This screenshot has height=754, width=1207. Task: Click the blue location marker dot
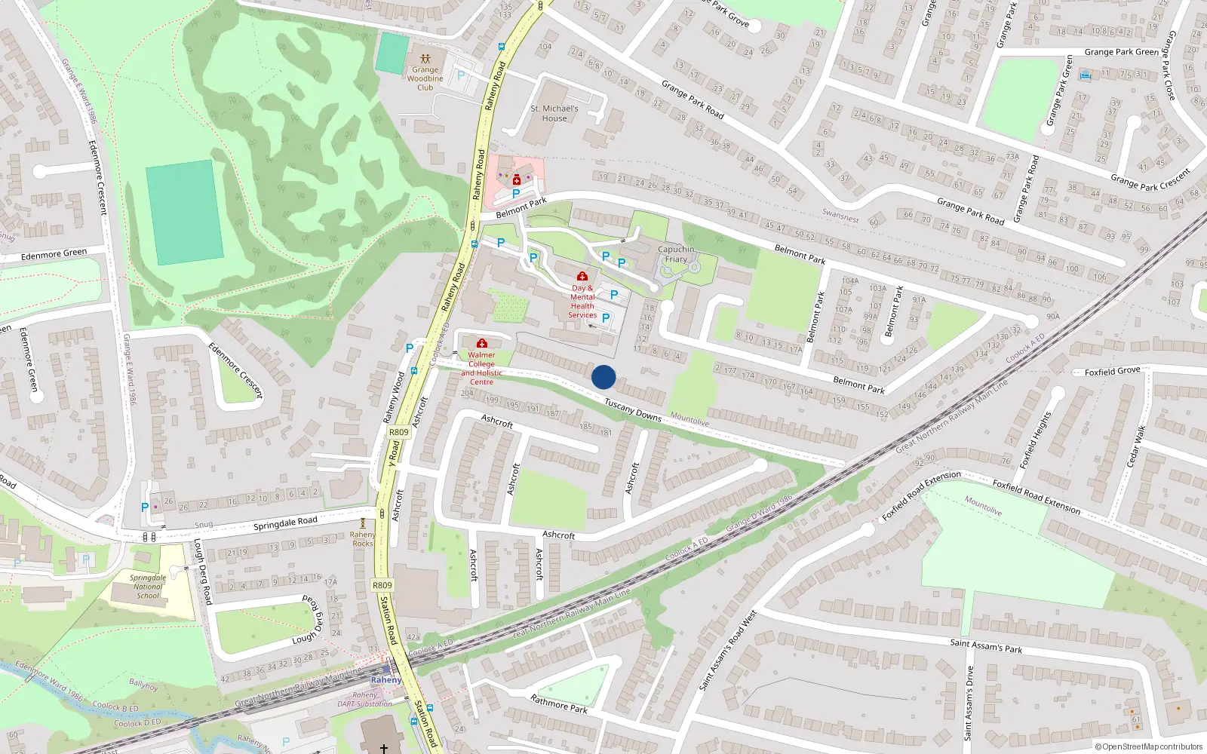(603, 377)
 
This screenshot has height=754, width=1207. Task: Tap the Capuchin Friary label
(676, 254)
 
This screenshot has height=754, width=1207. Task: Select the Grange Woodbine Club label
(425, 78)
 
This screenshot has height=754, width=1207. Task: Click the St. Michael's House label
(554, 113)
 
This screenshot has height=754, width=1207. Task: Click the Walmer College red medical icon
(482, 344)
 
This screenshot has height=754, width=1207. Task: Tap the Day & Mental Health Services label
(582, 302)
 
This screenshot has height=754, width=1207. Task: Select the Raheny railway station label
(385, 680)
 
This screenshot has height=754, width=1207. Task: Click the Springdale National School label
(148, 587)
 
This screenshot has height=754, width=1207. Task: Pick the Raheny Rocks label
(363, 539)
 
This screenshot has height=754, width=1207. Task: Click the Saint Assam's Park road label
(986, 646)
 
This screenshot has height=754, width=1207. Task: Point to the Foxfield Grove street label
(1112, 371)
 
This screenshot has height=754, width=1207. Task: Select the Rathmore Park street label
(559, 704)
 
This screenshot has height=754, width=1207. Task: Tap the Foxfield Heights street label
(1035, 440)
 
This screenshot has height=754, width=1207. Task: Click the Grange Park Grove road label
(727, 14)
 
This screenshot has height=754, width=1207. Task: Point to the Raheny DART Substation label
(365, 700)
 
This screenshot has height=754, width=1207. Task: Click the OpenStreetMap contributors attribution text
(1149, 746)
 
